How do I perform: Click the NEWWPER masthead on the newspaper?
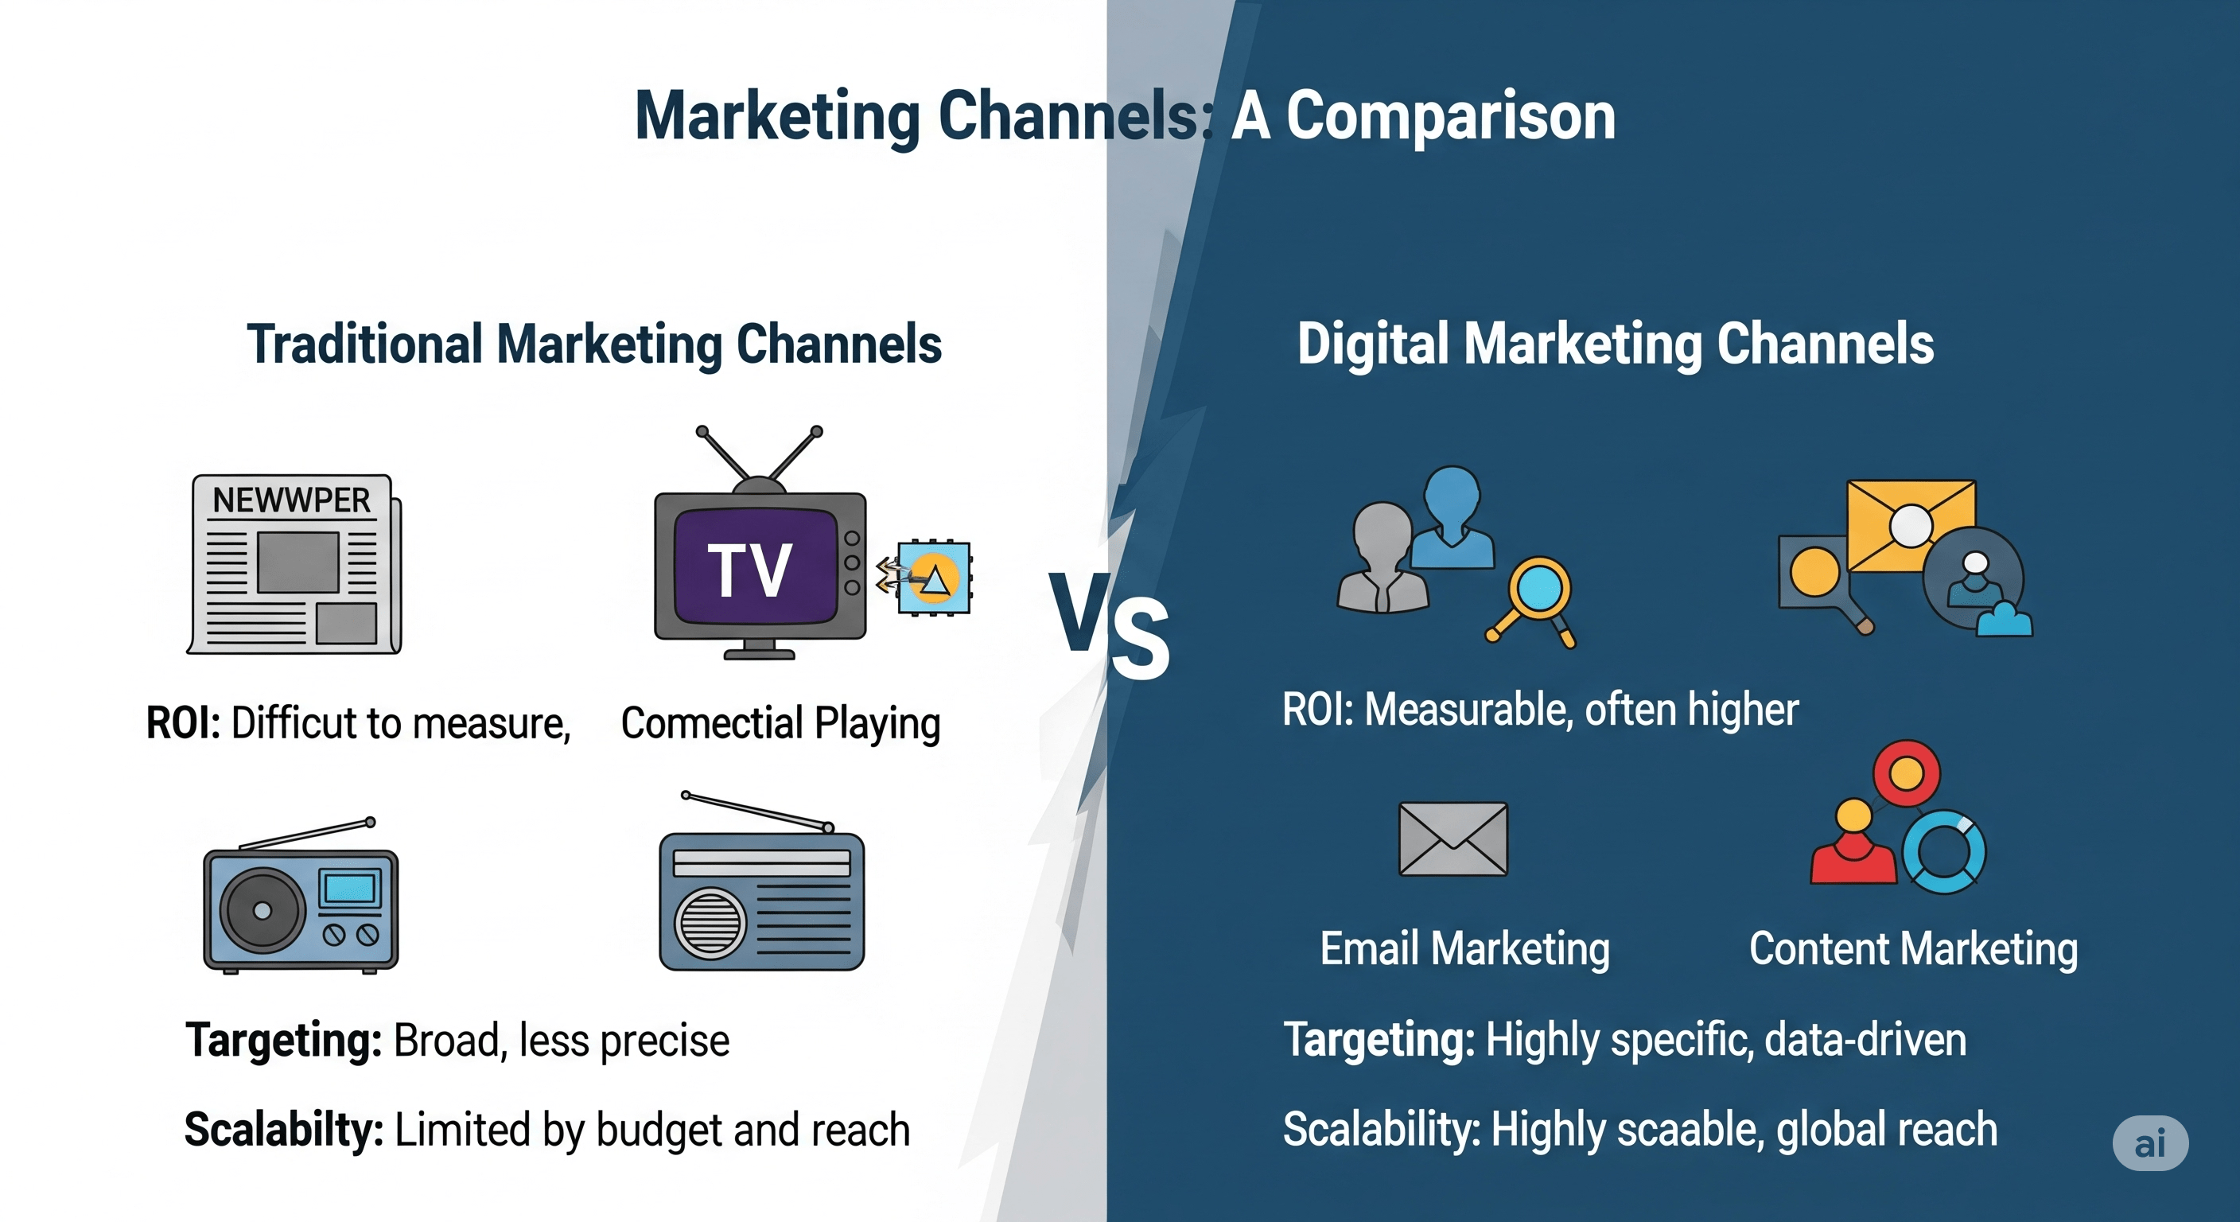(x=291, y=500)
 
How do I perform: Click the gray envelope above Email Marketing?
(x=1452, y=839)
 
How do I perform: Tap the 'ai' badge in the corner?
(x=2149, y=1143)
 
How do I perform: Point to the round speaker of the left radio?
(x=262, y=911)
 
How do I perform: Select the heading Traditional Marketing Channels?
(x=594, y=344)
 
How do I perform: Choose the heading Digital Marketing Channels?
(x=1615, y=344)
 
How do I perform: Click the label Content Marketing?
(x=1913, y=948)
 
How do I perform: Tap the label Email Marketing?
(x=1464, y=948)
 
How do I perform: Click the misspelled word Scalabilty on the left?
(x=283, y=1130)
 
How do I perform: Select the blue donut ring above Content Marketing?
(x=1943, y=852)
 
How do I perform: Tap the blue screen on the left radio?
(x=349, y=889)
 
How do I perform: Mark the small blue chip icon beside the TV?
(x=934, y=578)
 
